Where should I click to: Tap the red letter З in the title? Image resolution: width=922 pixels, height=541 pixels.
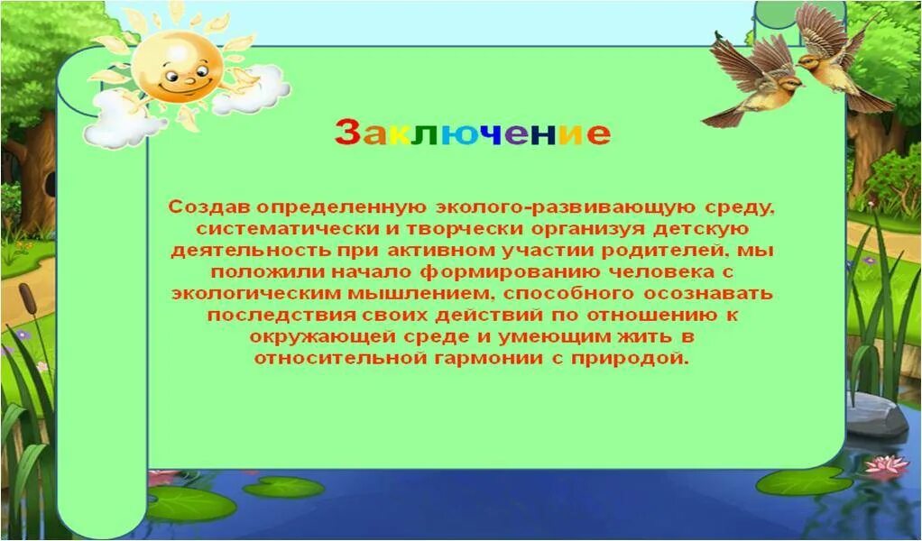(347, 133)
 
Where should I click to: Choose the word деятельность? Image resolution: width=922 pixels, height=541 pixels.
(233, 251)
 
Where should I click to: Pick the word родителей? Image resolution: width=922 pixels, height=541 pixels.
(667, 251)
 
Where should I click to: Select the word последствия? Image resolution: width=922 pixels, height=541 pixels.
(269, 316)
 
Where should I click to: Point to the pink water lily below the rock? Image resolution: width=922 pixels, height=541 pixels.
(885, 465)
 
